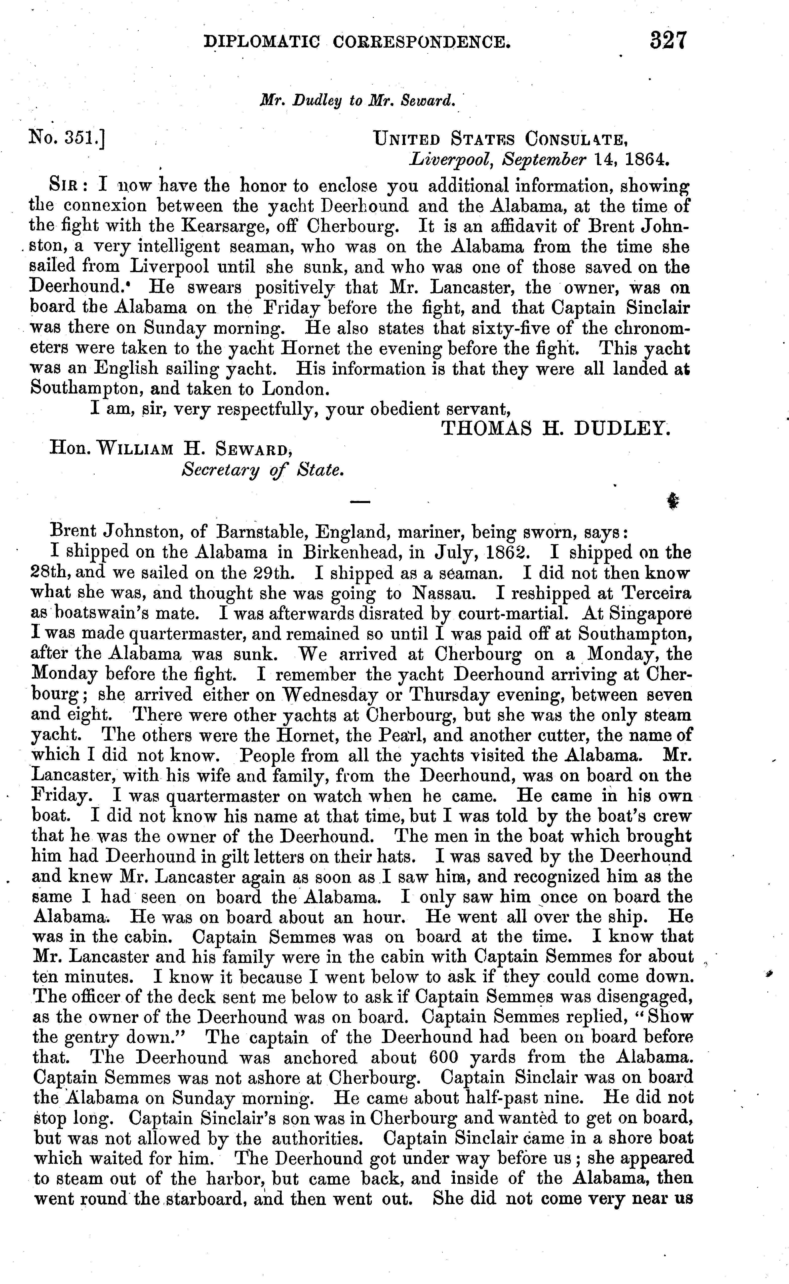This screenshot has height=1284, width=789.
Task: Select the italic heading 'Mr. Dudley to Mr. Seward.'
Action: tap(358, 100)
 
